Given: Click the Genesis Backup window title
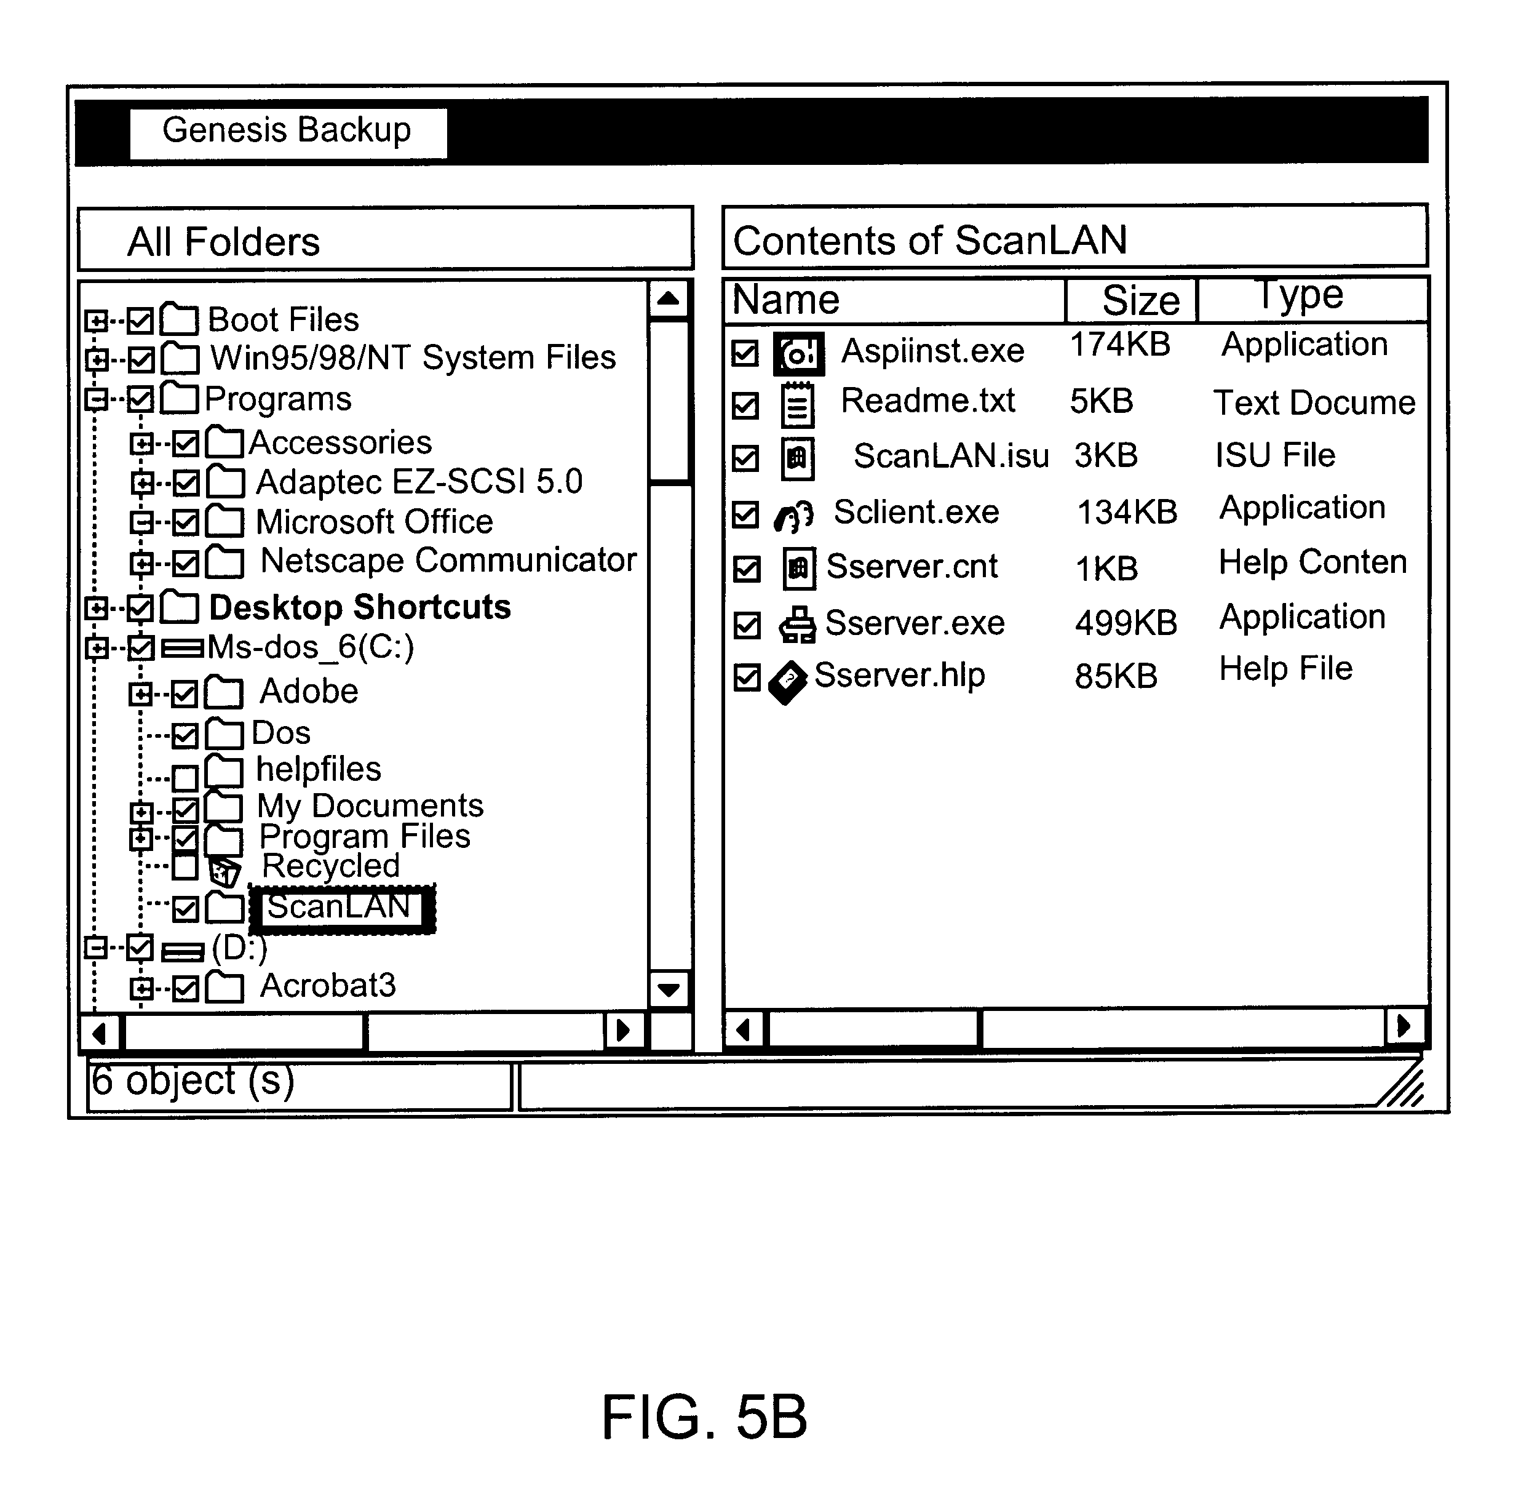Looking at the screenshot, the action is tap(287, 130).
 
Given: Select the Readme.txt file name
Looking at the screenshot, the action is tap(927, 401).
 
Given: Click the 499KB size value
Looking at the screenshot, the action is tap(1125, 623).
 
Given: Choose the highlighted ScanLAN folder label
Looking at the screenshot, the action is tap(340, 908).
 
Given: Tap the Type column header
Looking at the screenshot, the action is tap(1301, 297).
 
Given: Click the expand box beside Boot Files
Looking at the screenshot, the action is tap(96, 320).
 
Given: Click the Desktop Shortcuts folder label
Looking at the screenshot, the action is tap(360, 607).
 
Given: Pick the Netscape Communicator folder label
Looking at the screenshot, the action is tap(448, 561).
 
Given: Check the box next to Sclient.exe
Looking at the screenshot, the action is tap(745, 515).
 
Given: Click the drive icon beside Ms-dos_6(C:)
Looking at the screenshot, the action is tap(182, 648).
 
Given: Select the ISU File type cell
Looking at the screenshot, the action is tap(1274, 455).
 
